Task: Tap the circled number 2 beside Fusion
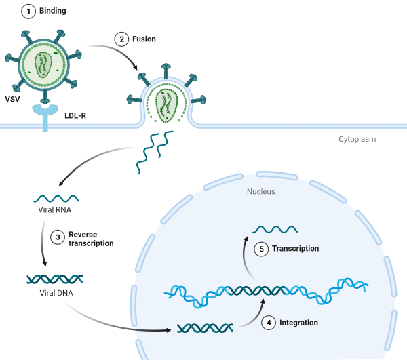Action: [x=122, y=39]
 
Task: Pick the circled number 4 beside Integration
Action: [x=269, y=323]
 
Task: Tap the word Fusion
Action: [x=144, y=39]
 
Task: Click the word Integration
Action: [x=298, y=323]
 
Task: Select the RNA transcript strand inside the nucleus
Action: [x=275, y=228]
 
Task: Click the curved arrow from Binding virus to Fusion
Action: [x=113, y=51]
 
